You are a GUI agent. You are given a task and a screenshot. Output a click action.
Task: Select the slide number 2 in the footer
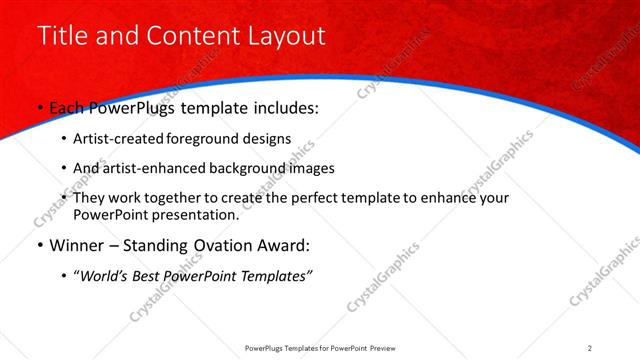[590, 347]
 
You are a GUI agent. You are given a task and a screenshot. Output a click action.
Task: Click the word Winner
[75, 245]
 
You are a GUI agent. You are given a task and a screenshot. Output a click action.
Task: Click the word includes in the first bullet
[285, 107]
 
